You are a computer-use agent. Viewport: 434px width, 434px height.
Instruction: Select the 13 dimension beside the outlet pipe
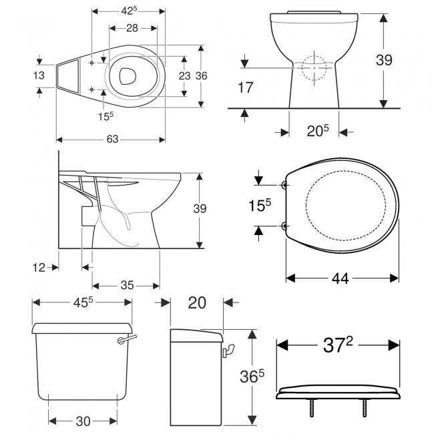39,75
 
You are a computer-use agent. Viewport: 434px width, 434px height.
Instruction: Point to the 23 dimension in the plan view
184,75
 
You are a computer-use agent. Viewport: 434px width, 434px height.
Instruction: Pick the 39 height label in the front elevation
383,60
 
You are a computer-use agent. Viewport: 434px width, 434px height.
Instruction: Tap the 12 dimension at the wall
39,267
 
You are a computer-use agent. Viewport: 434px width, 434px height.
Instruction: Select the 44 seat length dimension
341,278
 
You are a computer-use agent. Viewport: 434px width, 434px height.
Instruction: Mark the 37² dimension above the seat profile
338,345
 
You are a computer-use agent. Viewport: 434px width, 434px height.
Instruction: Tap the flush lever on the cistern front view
124,341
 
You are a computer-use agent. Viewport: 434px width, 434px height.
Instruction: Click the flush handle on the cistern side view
230,349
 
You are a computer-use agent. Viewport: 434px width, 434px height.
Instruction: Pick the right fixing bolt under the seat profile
366,407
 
